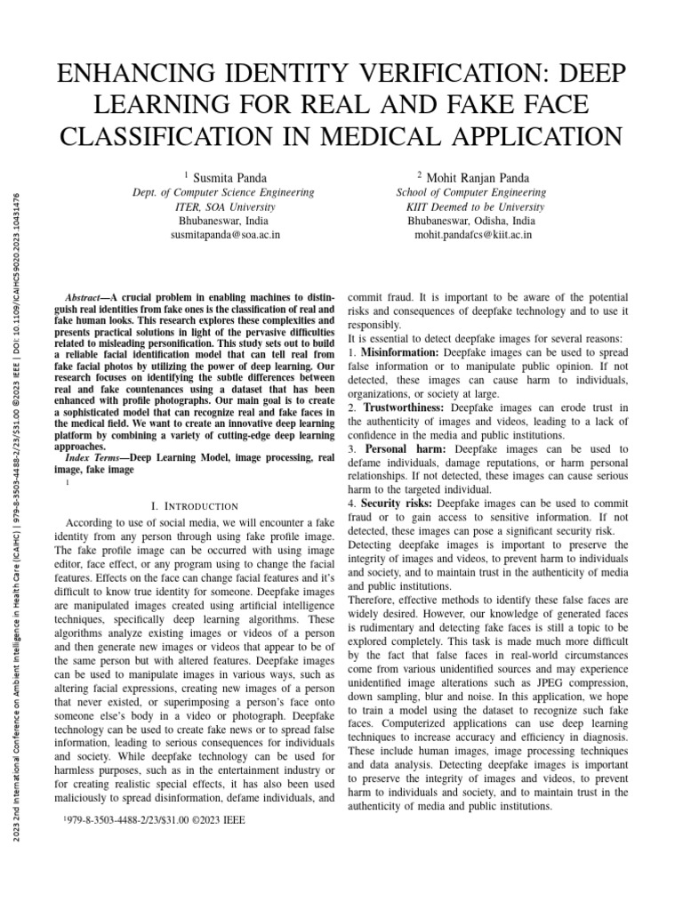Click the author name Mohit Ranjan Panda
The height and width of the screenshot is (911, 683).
(476, 178)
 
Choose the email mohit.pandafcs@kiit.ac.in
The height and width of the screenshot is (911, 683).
(473, 236)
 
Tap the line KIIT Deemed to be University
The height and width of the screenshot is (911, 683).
(471, 206)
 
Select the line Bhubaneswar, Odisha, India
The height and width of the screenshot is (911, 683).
(471, 221)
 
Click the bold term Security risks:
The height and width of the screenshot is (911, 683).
(397, 505)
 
